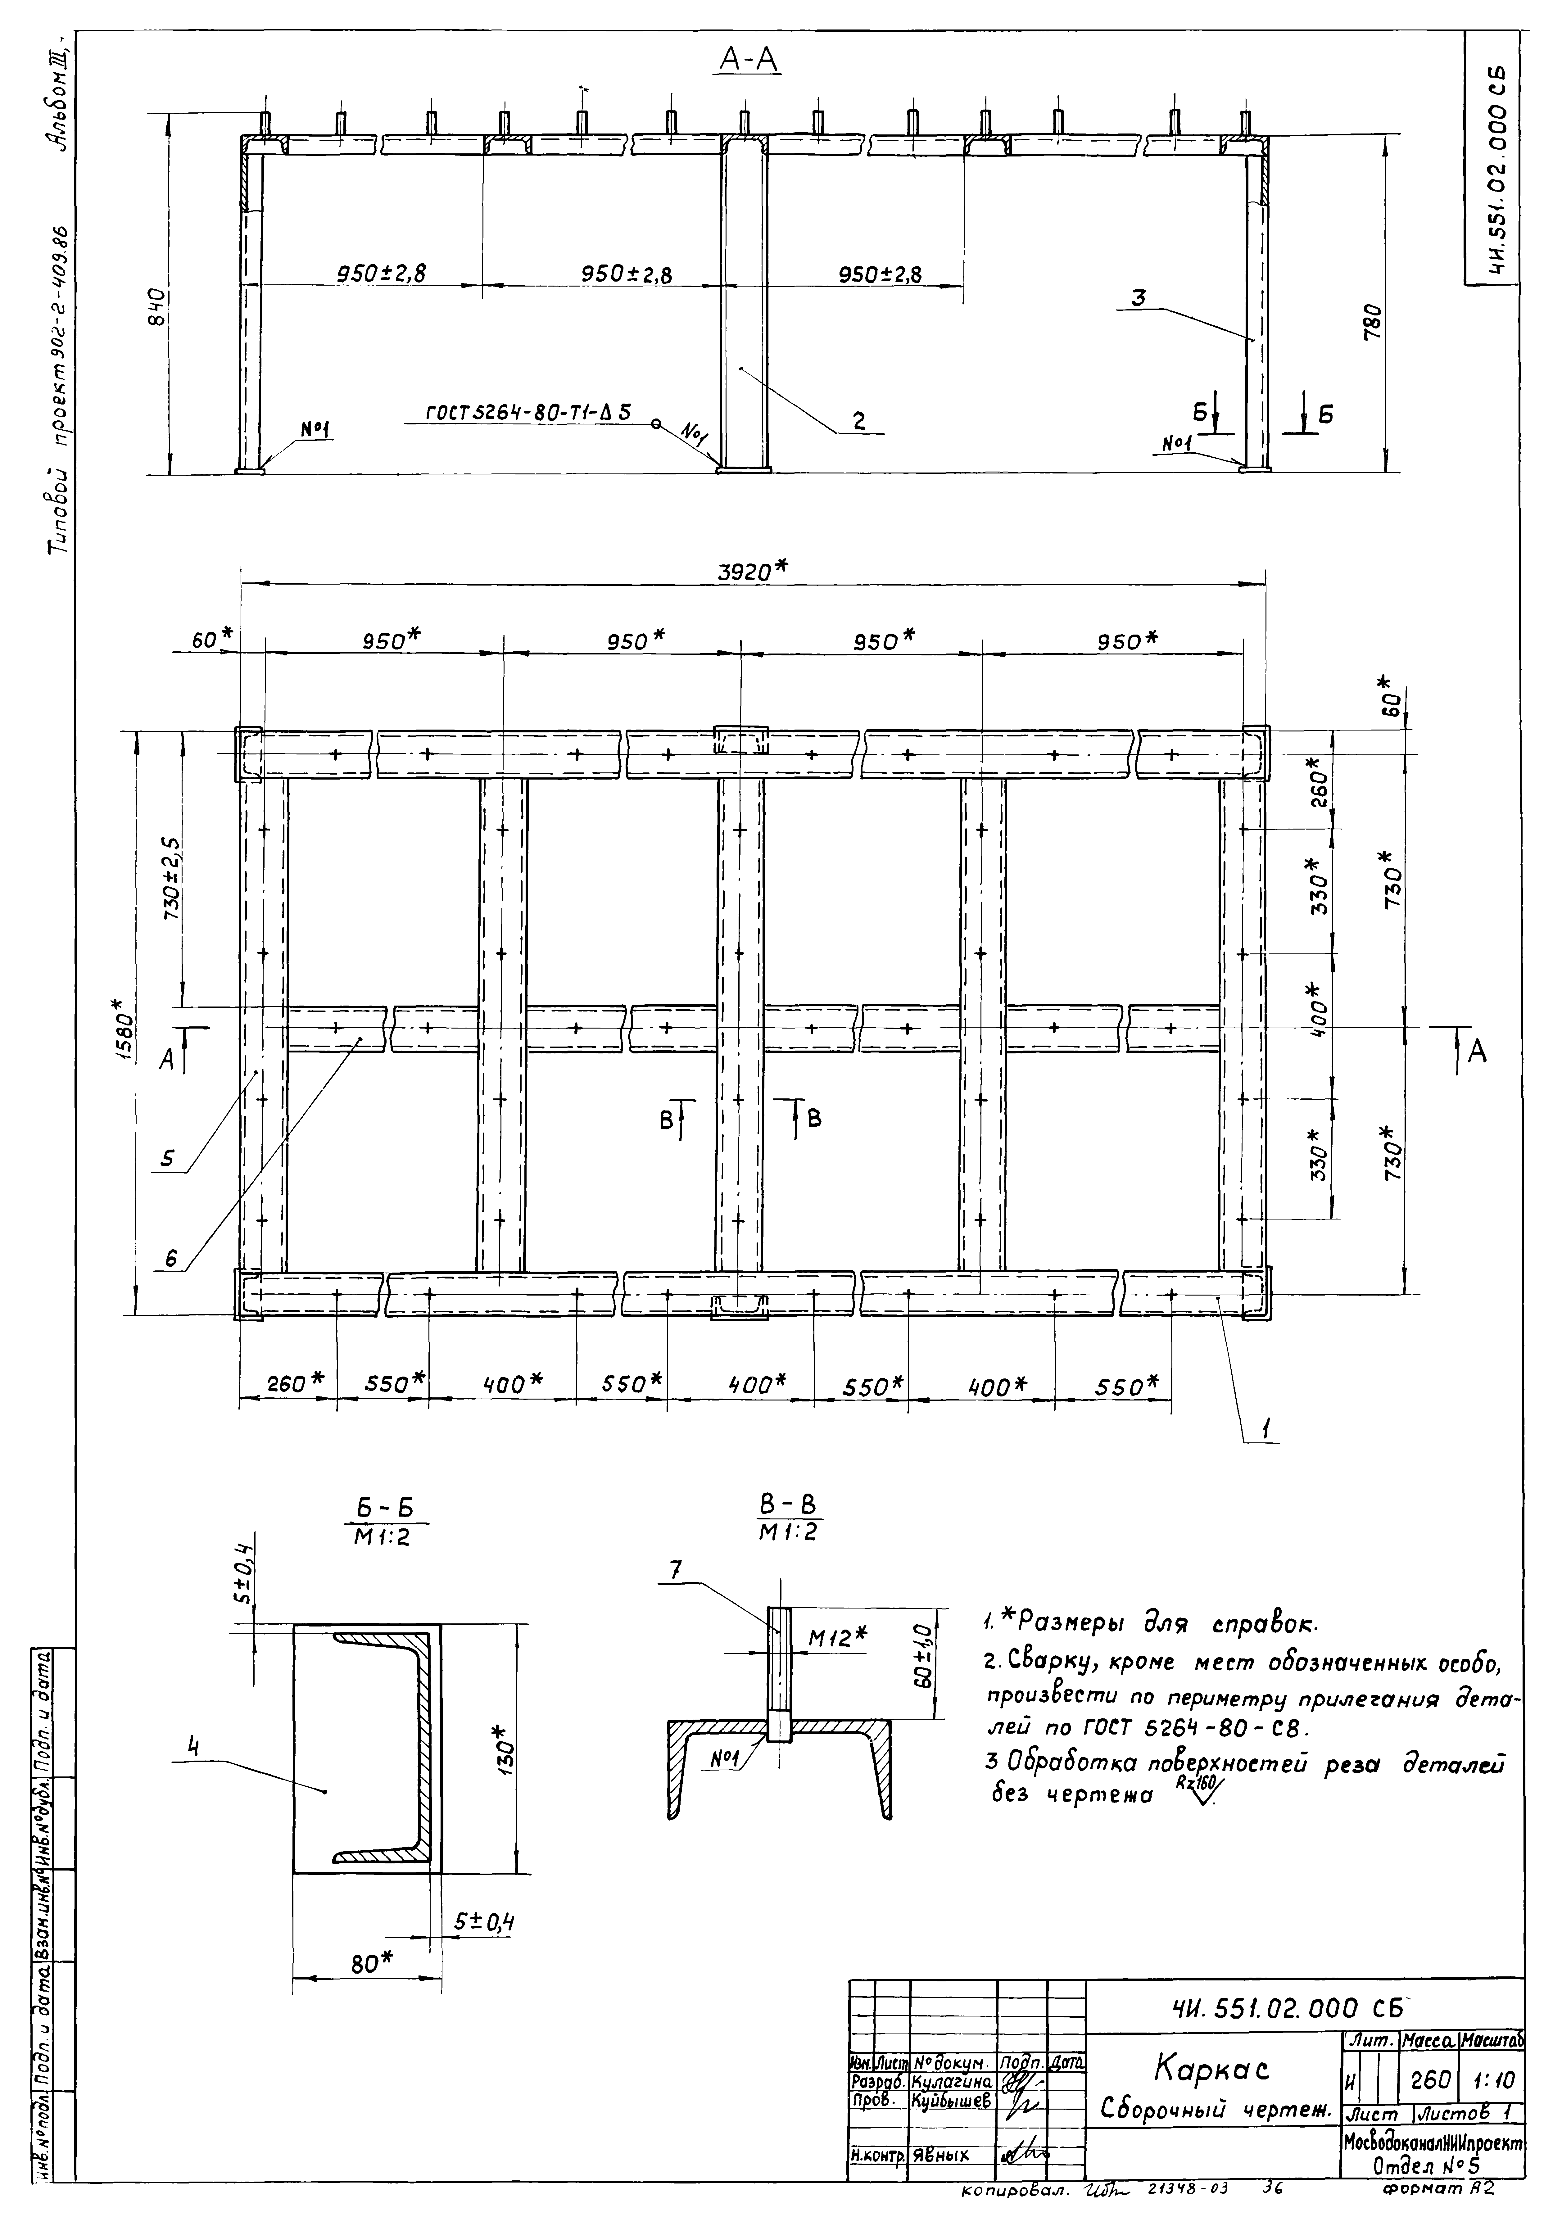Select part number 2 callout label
coord(858,421)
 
